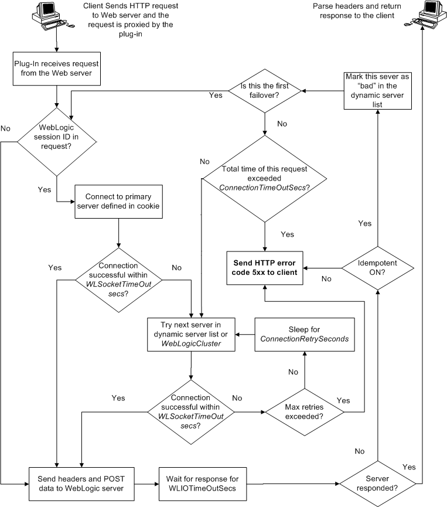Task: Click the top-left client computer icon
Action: pos(55,18)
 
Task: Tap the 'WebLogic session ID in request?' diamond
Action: pos(56,141)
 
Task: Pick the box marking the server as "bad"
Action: pos(377,90)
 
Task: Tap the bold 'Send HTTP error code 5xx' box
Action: pos(265,268)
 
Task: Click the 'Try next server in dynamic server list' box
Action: pos(192,334)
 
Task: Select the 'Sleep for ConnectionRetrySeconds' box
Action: pos(304,334)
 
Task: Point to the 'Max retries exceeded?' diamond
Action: pos(304,411)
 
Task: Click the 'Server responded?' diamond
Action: pos(377,485)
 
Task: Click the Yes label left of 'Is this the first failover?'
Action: pos(215,94)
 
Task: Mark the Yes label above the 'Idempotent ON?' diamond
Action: pos(364,223)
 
